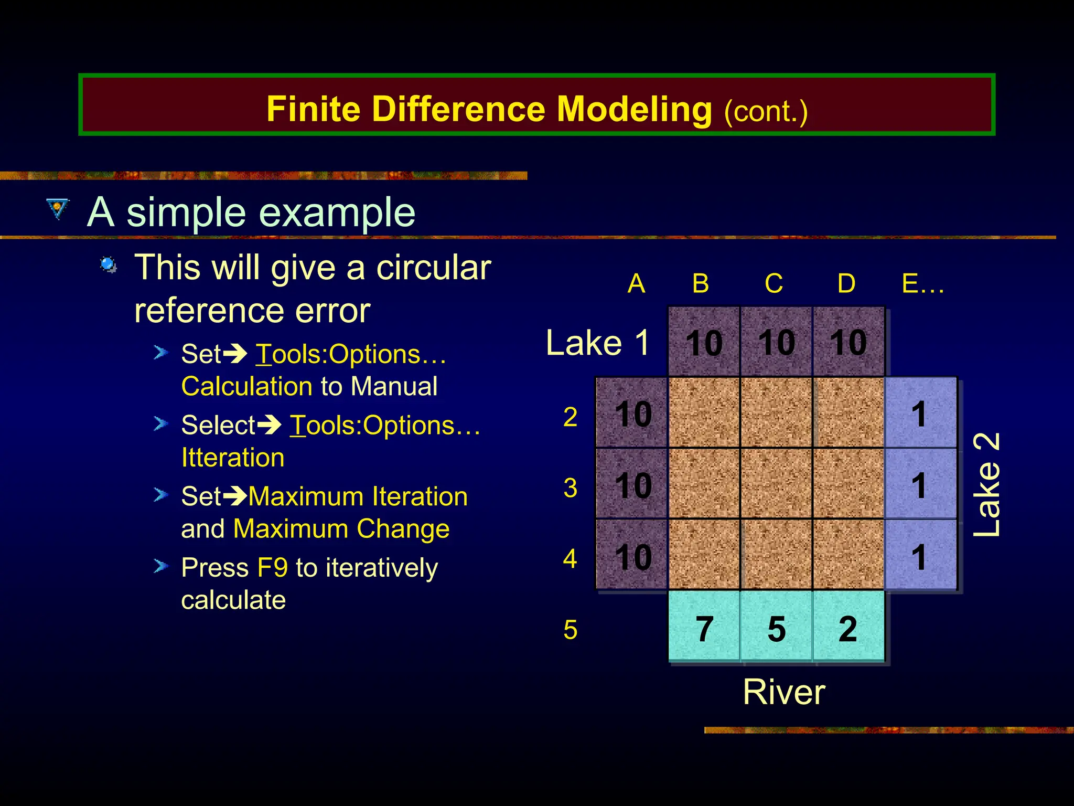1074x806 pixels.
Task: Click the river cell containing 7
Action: [704, 628]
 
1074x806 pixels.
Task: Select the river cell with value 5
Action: [776, 628]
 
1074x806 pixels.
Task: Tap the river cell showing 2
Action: [848, 628]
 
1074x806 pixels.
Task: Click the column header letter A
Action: [636, 284]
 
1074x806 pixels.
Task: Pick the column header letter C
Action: [774, 284]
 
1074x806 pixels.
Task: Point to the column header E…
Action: [922, 284]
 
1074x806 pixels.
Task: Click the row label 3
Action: [571, 488]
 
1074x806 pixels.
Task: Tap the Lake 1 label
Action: [598, 343]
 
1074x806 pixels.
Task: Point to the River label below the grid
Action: [784, 692]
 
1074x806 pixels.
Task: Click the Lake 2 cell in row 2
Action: [920, 413]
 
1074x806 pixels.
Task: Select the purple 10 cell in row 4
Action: [632, 556]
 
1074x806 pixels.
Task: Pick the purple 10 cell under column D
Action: [848, 342]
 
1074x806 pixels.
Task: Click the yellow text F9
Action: [273, 568]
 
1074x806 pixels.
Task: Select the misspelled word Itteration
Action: [233, 458]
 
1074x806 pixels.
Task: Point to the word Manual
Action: [394, 386]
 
